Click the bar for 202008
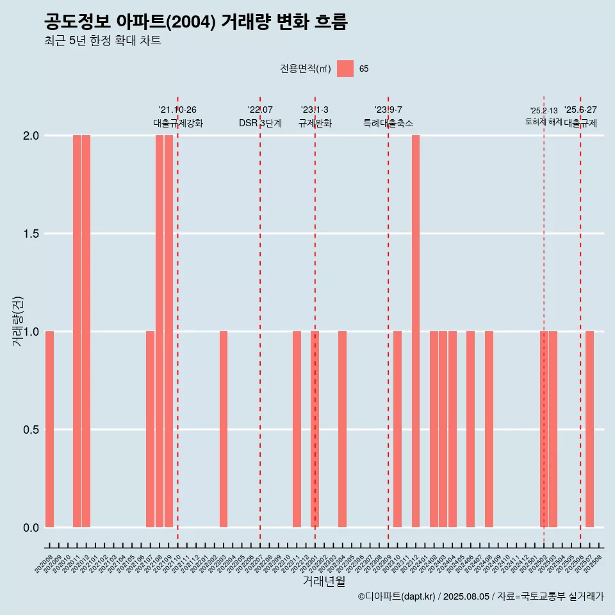coord(49,429)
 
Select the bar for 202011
coord(77,331)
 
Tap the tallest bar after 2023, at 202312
coord(416,331)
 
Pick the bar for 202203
coord(224,429)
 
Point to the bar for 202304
coord(343,429)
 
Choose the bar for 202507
coord(589,429)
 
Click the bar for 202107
coord(150,429)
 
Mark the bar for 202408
coord(489,429)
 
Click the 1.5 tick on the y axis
coord(31,234)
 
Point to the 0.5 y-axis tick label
coord(31,430)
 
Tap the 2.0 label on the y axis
coord(31,136)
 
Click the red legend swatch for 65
coord(345,69)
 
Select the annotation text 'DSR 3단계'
coord(260,123)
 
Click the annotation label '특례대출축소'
coord(388,123)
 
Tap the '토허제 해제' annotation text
coord(544,122)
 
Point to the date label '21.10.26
coord(177,110)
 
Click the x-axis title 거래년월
coord(324,582)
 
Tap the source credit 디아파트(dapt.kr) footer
coord(480,596)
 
